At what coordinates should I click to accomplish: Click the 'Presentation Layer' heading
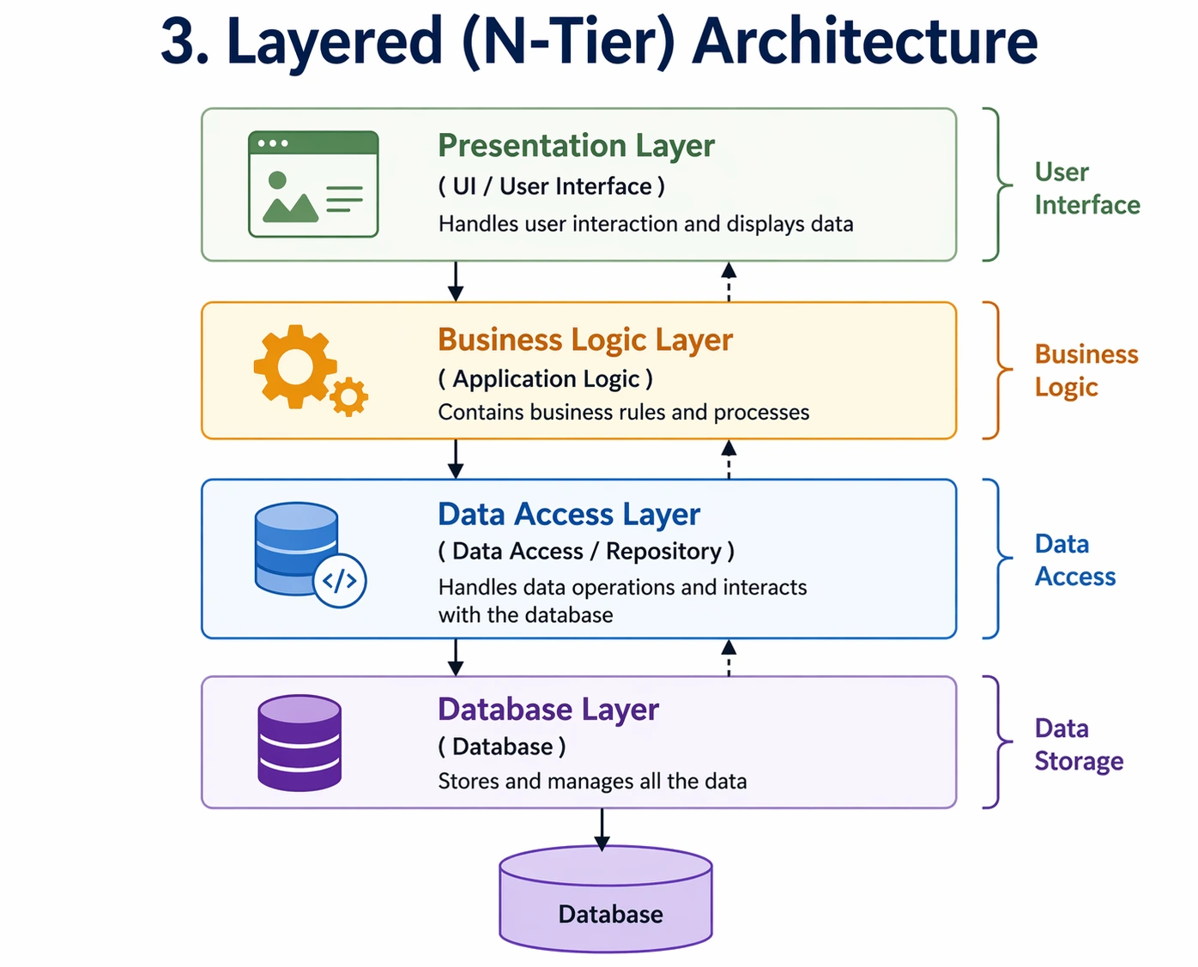(x=576, y=146)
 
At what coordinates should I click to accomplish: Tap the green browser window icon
(x=313, y=184)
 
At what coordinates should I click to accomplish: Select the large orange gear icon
(x=293, y=366)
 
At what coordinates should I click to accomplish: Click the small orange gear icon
(x=348, y=397)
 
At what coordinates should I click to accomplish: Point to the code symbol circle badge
(x=340, y=581)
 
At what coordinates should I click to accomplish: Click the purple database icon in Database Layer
(x=299, y=743)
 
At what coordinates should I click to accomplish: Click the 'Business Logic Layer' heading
(x=585, y=340)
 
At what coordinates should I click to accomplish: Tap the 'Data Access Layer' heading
(x=569, y=514)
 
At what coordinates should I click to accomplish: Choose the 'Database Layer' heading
(x=548, y=710)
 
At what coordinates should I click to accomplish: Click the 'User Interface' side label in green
(x=1086, y=189)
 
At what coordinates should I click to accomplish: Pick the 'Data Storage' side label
(x=1078, y=745)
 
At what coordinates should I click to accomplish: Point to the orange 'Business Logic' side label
(x=1086, y=371)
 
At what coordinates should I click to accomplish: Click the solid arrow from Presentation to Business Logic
(x=456, y=281)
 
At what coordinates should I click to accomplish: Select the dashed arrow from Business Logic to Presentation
(x=729, y=281)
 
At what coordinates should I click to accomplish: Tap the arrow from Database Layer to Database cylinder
(x=602, y=829)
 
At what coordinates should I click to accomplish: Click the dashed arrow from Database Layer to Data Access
(x=729, y=657)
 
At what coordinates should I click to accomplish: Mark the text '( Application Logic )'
(x=545, y=378)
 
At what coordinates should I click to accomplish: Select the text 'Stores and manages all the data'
(x=592, y=782)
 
